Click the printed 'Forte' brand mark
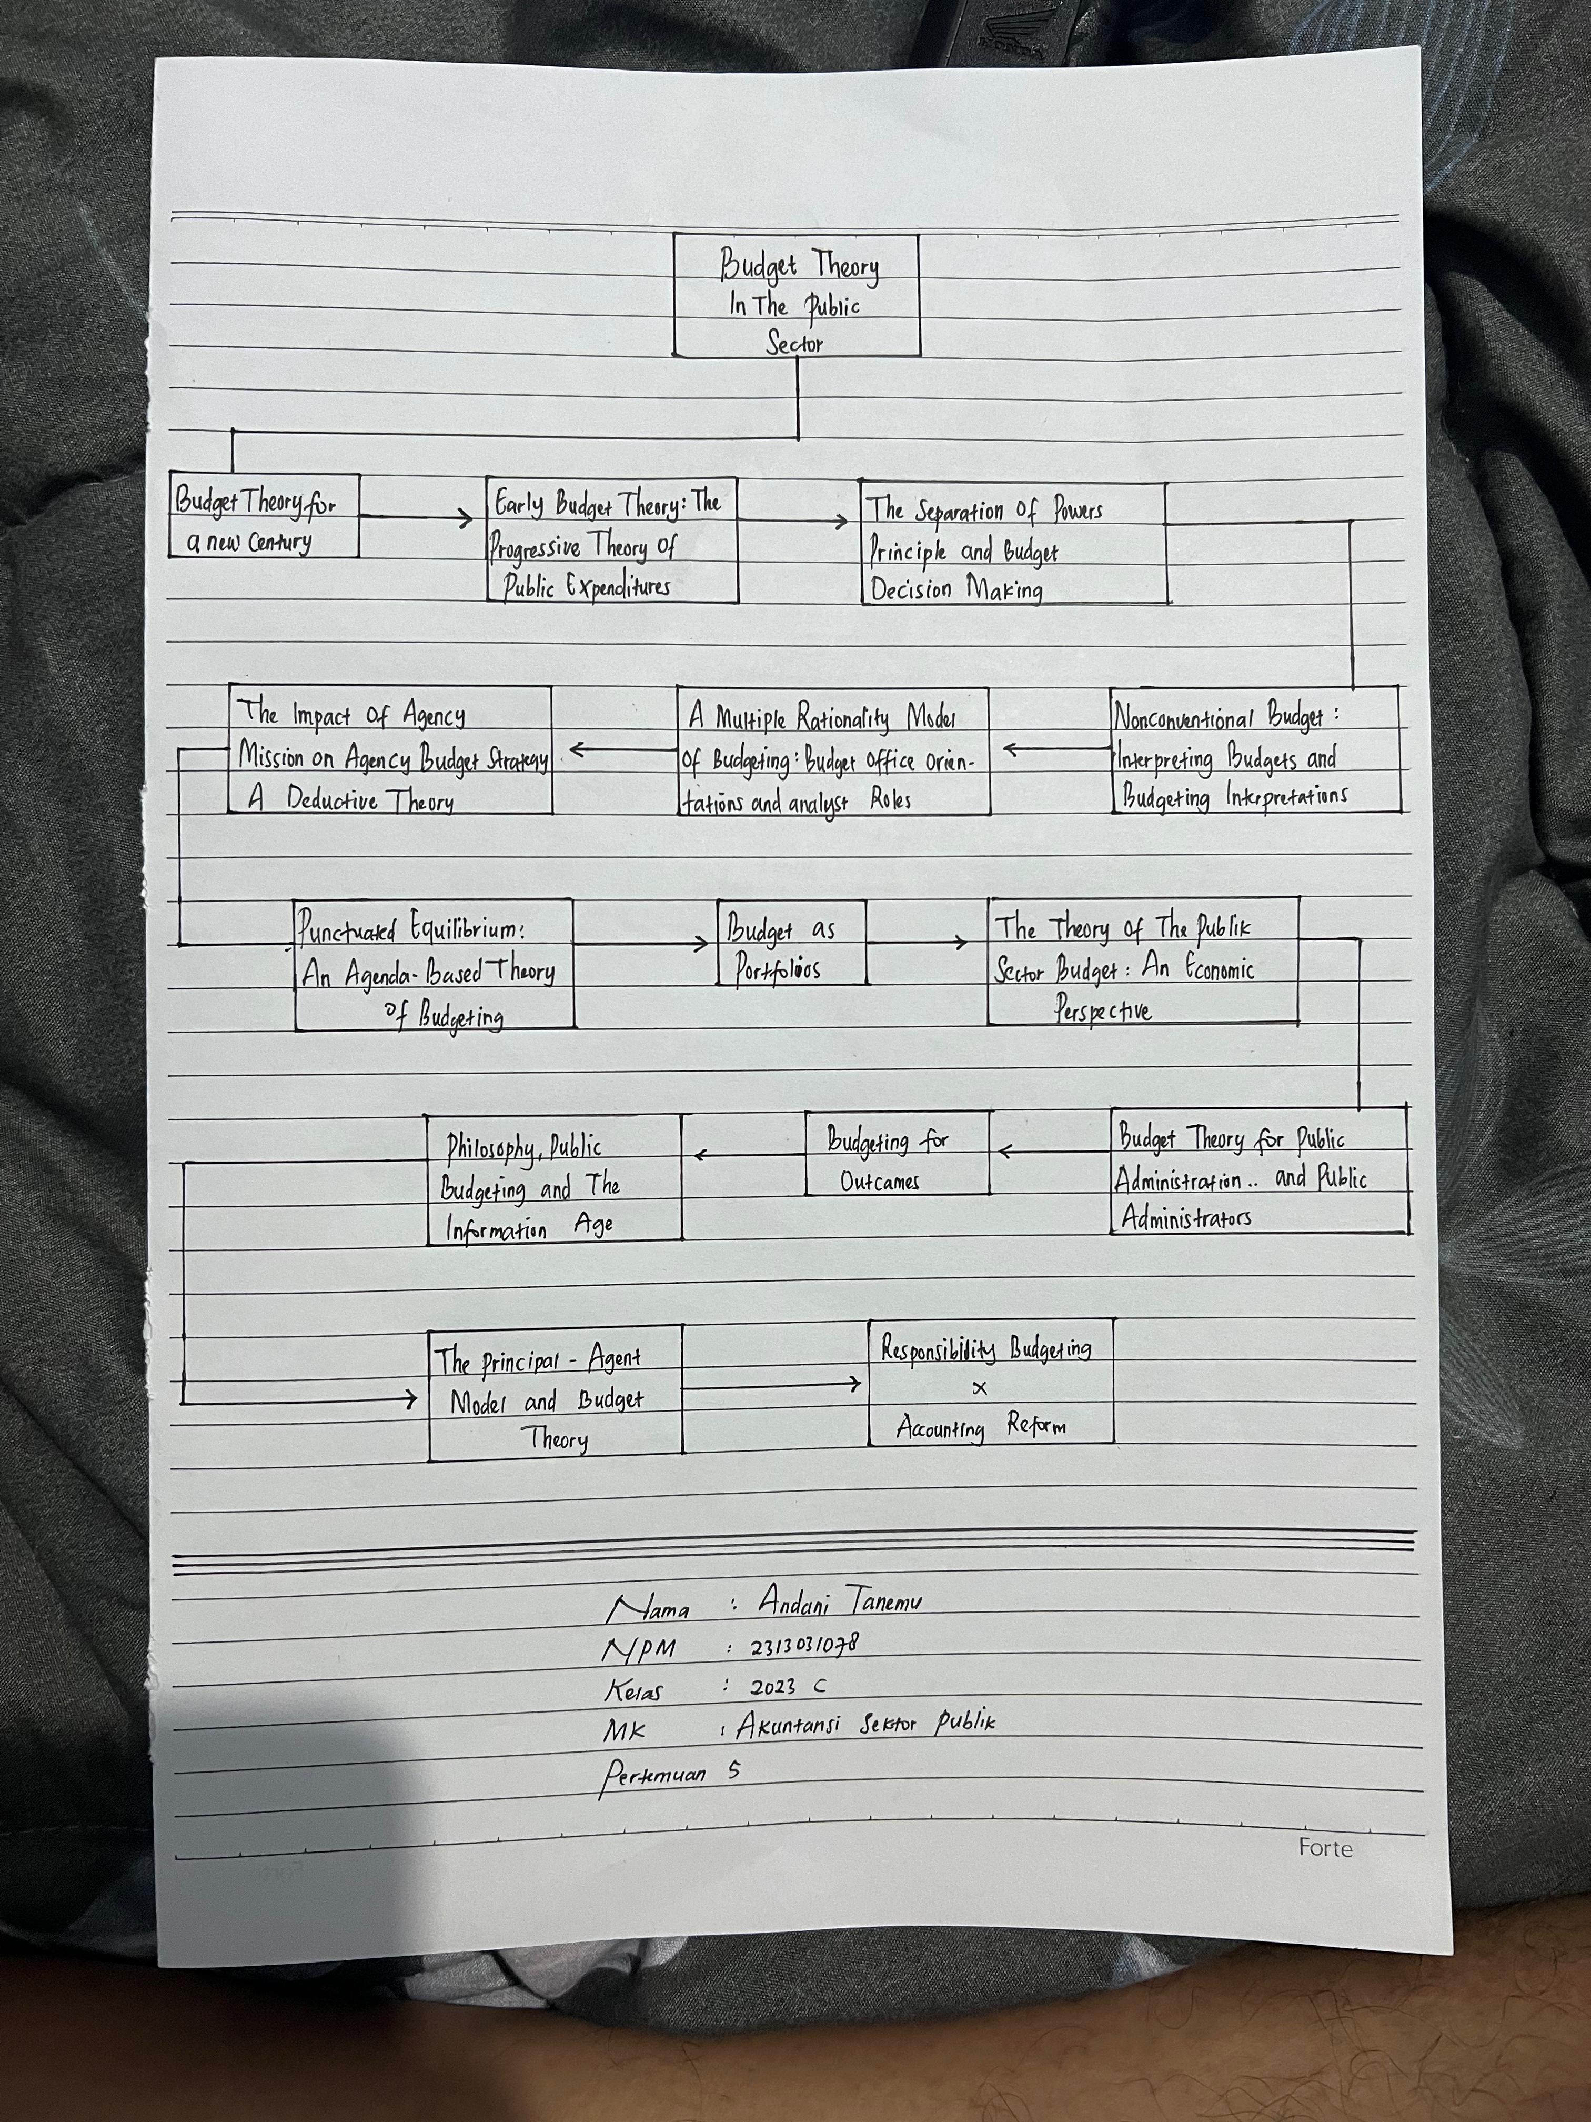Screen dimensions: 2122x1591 1325,1847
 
